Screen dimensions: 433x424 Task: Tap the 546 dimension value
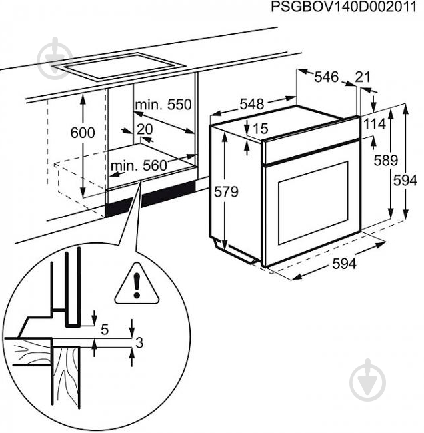(327, 77)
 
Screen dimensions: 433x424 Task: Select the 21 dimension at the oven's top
(363, 77)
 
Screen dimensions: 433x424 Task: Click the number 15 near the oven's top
(260, 128)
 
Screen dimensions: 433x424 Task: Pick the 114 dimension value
(374, 124)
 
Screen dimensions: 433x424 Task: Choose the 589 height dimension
(385, 160)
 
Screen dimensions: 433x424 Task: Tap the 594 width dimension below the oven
(343, 264)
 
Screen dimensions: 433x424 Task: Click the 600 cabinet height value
(83, 133)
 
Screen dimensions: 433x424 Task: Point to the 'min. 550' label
(163, 105)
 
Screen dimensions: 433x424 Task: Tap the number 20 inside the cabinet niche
(145, 129)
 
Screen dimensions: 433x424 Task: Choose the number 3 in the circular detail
(139, 343)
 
